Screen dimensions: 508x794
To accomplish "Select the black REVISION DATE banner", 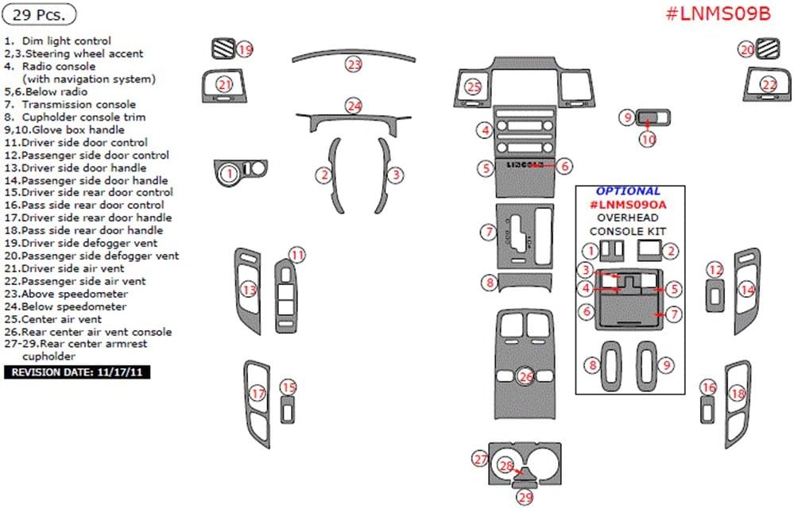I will click(77, 371).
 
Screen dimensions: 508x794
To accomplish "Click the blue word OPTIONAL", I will click(628, 191).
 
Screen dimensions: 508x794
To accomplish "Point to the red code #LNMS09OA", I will click(628, 205).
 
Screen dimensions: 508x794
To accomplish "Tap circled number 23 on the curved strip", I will click(354, 63).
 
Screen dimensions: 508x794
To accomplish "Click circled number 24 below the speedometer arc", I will click(354, 106).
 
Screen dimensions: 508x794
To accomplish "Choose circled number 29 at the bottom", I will click(525, 498).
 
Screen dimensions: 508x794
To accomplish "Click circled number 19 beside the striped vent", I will click(245, 50).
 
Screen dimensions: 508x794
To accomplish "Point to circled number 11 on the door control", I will click(296, 255).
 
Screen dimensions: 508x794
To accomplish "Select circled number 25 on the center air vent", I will click(474, 87).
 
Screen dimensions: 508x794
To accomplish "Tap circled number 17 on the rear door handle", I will click(258, 394).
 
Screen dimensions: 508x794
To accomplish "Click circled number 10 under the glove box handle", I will click(649, 139).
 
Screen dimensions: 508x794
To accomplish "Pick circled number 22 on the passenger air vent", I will click(769, 84).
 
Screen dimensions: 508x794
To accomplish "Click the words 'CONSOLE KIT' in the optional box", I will click(628, 231).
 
